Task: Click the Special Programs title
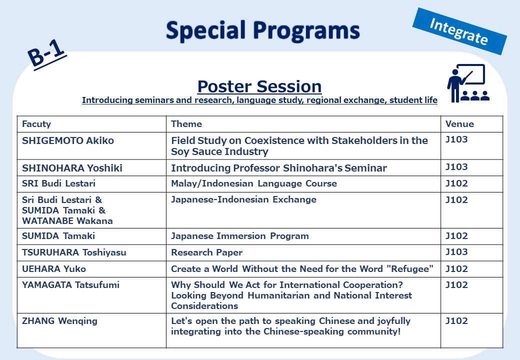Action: (x=262, y=31)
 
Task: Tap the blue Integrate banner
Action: (x=459, y=31)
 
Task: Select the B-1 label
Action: (x=47, y=53)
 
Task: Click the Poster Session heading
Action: (x=259, y=86)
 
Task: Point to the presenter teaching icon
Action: (x=468, y=83)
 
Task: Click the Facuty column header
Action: (x=36, y=124)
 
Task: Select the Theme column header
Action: (x=186, y=124)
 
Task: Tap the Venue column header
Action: (x=459, y=124)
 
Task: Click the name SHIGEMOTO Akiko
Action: (x=68, y=140)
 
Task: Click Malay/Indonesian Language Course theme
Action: (x=254, y=183)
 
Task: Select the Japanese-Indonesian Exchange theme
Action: (x=244, y=199)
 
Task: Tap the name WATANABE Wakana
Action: (x=67, y=221)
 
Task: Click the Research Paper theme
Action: (x=206, y=252)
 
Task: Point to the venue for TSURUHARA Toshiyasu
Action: (x=456, y=252)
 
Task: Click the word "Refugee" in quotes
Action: (x=410, y=268)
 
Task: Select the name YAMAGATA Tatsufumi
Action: (x=70, y=285)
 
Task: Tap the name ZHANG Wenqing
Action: (x=59, y=321)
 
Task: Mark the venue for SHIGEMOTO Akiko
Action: (x=456, y=139)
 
